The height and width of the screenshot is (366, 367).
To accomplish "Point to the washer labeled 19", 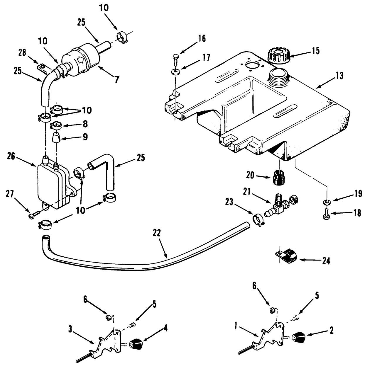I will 326,202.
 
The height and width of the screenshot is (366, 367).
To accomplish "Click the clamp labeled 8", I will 56,126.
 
